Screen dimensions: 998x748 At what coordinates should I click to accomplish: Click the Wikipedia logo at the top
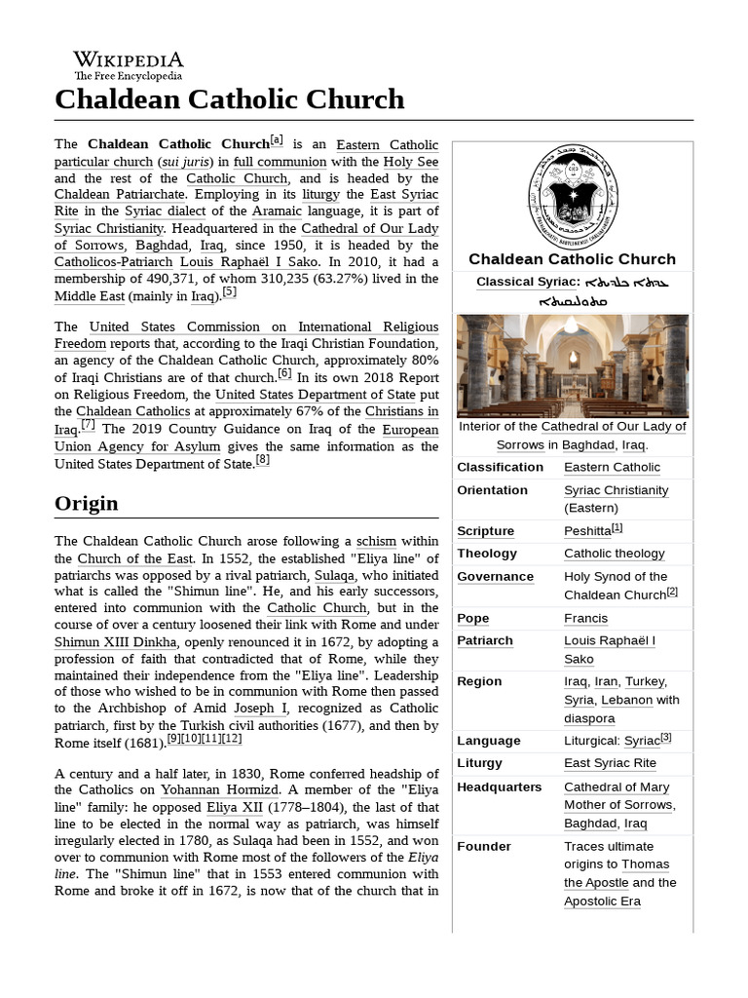(x=128, y=65)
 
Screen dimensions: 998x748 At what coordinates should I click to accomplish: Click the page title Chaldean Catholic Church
(x=229, y=98)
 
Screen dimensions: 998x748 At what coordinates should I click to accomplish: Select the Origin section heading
(x=87, y=503)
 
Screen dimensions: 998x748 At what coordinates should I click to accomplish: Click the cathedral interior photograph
(x=572, y=365)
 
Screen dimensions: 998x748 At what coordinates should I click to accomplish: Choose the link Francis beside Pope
(x=585, y=618)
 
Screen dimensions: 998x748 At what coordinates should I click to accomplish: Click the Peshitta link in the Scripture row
(x=587, y=531)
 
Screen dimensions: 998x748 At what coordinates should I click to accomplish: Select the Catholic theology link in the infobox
(x=614, y=554)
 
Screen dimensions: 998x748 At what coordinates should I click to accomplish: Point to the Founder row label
(x=484, y=846)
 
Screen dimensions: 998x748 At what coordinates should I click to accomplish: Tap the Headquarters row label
(x=499, y=787)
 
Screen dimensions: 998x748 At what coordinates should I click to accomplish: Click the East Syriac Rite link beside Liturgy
(x=610, y=763)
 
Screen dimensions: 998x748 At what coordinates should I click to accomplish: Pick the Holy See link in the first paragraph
(x=411, y=162)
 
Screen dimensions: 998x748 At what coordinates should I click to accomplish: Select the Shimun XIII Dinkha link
(x=116, y=642)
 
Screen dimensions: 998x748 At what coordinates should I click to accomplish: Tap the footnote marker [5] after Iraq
(x=229, y=291)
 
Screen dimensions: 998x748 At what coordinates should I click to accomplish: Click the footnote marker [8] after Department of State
(x=262, y=460)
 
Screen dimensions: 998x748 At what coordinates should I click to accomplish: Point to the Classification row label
(x=500, y=467)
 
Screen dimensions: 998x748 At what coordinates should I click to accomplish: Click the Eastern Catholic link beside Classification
(x=612, y=467)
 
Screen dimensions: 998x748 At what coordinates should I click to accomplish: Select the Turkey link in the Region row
(x=644, y=681)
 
